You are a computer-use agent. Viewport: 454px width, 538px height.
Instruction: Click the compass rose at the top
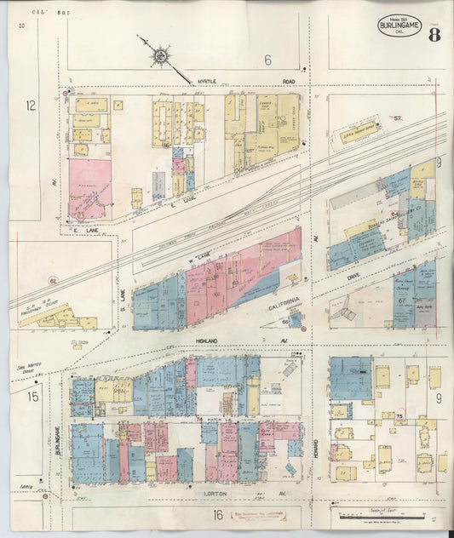(160, 57)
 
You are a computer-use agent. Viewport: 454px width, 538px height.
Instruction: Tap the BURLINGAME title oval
(399, 26)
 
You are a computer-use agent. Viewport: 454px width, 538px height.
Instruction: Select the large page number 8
(435, 35)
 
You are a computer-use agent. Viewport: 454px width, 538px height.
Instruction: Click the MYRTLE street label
(209, 82)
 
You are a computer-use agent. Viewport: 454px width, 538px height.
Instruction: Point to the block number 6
(267, 60)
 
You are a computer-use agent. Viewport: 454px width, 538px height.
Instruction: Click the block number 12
(31, 106)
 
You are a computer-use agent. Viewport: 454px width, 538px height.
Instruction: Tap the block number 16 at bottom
(218, 515)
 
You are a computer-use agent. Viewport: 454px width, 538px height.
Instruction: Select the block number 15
(32, 397)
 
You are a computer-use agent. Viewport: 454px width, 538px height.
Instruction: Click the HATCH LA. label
(210, 420)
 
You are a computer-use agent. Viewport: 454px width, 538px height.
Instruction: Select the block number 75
(398, 415)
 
